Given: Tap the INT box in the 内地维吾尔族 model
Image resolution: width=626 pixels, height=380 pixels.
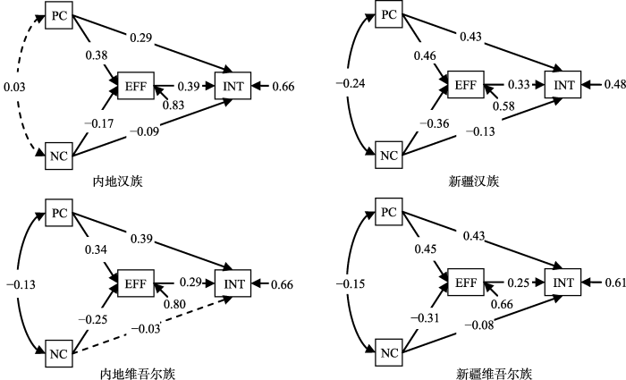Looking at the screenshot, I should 234,283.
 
